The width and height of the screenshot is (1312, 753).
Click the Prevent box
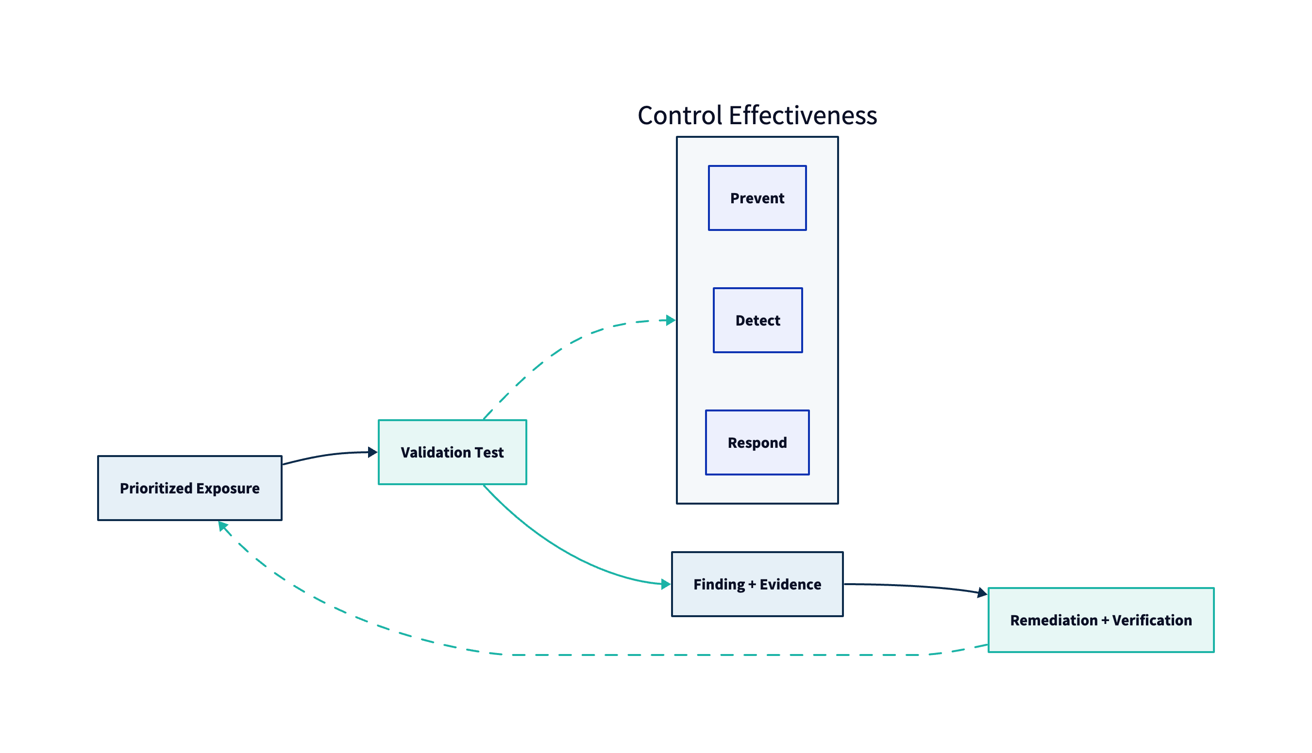[757, 198]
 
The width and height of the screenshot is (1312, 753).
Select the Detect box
[757, 320]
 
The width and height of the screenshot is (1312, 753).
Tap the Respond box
[757, 442]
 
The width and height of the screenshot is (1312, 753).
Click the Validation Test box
[453, 452]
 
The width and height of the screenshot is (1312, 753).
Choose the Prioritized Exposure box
[189, 488]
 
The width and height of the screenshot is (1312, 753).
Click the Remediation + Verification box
[1101, 620]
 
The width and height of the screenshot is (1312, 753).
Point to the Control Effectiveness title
[757, 115]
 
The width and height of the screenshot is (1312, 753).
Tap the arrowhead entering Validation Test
[372, 452]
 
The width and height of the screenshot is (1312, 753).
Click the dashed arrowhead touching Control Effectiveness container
[671, 320]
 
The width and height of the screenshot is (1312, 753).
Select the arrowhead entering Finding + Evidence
[666, 585]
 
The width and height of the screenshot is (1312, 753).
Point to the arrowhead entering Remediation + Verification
[982, 593]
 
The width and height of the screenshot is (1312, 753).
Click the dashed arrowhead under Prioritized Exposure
[222, 526]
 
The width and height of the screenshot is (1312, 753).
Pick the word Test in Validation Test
[489, 452]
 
